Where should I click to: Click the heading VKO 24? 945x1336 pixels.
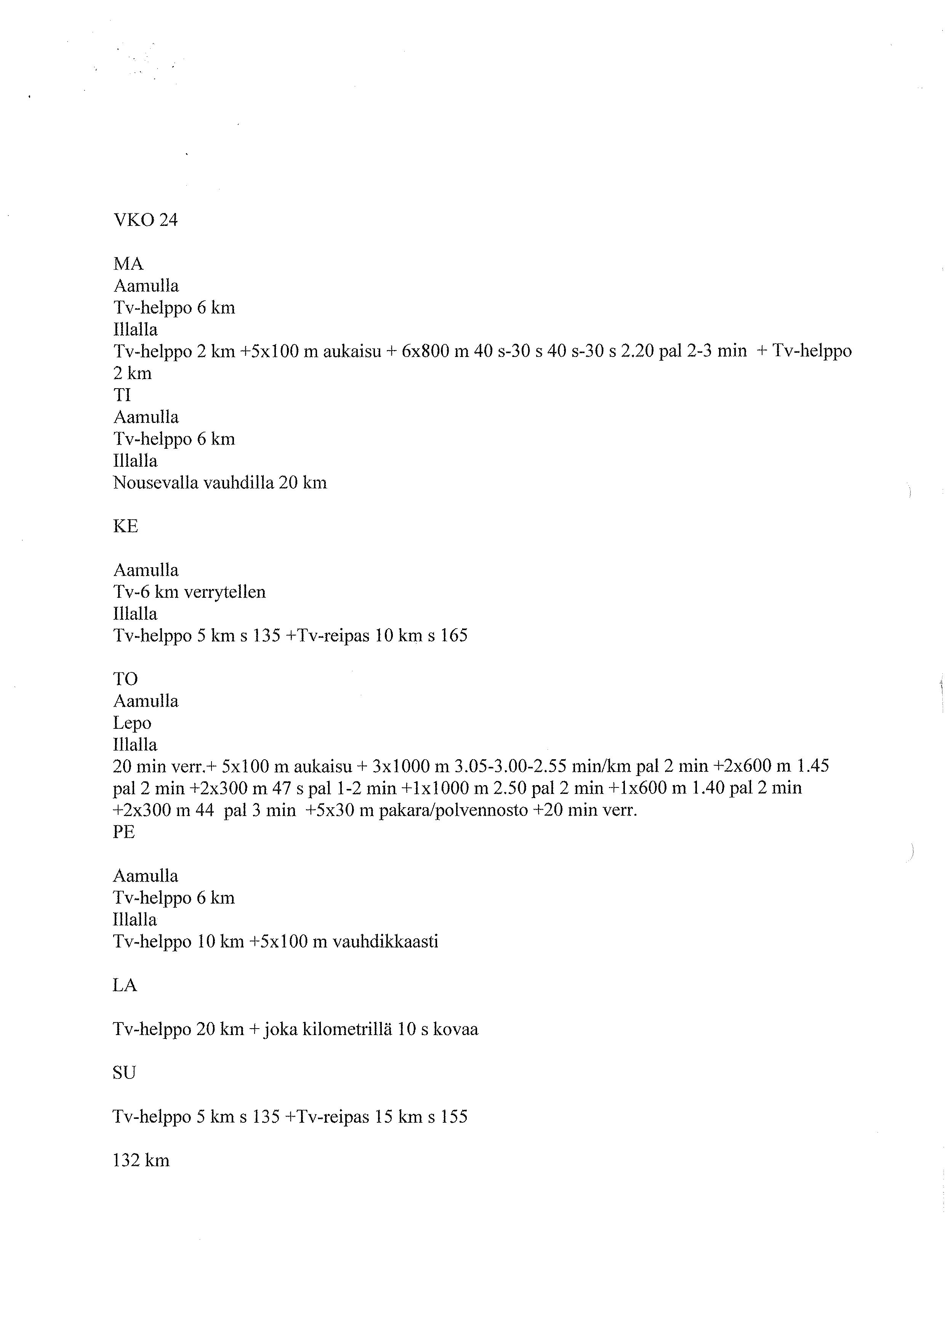(145, 220)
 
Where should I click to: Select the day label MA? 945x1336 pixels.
(128, 264)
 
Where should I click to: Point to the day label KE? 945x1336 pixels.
(125, 526)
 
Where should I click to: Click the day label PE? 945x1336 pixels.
(124, 832)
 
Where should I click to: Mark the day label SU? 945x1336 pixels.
(124, 1072)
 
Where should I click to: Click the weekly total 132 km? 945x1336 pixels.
(141, 1160)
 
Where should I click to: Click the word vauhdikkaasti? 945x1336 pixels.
(385, 941)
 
